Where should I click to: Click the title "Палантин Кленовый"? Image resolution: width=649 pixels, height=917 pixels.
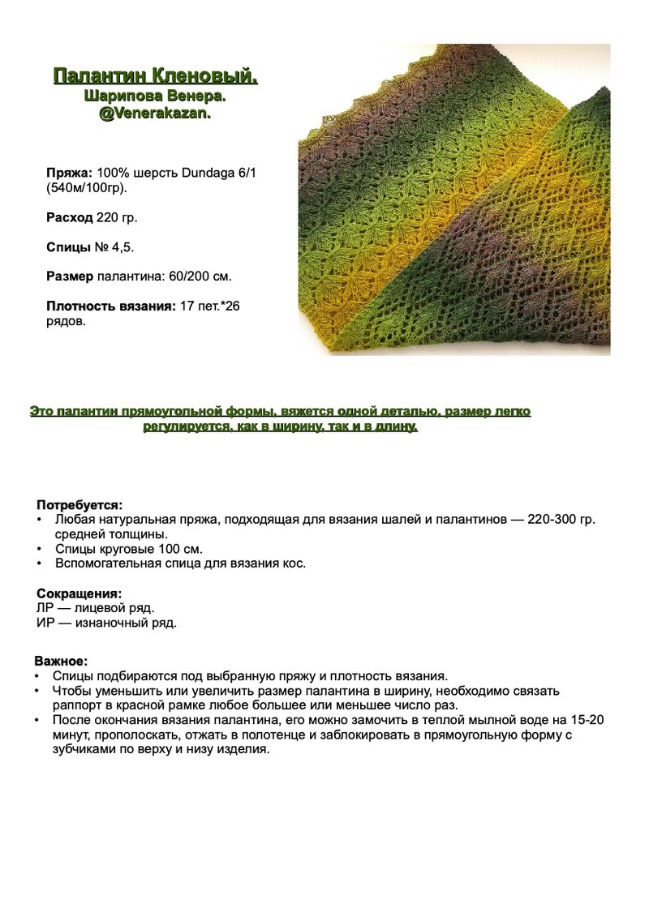pyautogui.click(x=155, y=77)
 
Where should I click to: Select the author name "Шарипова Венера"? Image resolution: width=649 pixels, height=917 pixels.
pyautogui.click(x=154, y=96)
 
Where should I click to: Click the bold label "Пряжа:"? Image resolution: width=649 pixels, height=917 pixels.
pyautogui.click(x=70, y=173)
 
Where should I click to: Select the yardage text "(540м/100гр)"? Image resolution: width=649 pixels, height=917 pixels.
pyautogui.click(x=87, y=187)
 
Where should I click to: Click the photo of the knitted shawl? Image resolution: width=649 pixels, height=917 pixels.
pyautogui.click(x=454, y=199)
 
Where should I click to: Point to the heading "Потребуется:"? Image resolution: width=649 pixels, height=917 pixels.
pyautogui.click(x=80, y=504)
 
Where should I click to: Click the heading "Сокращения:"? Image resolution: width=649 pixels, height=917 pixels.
pyautogui.click(x=80, y=593)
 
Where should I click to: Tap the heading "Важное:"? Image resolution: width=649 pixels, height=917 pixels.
pyautogui.click(x=61, y=661)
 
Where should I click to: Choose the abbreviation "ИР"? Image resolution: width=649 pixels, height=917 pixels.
pyautogui.click(x=46, y=623)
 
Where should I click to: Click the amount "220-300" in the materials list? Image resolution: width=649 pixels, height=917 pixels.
pyautogui.click(x=552, y=519)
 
